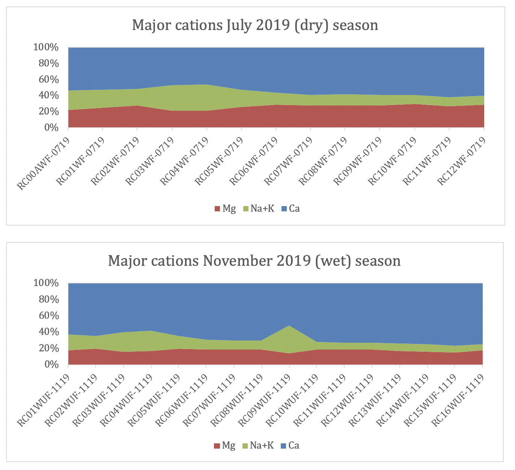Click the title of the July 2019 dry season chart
pyautogui.click(x=255, y=25)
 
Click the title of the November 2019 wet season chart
pyautogui.click(x=254, y=260)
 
